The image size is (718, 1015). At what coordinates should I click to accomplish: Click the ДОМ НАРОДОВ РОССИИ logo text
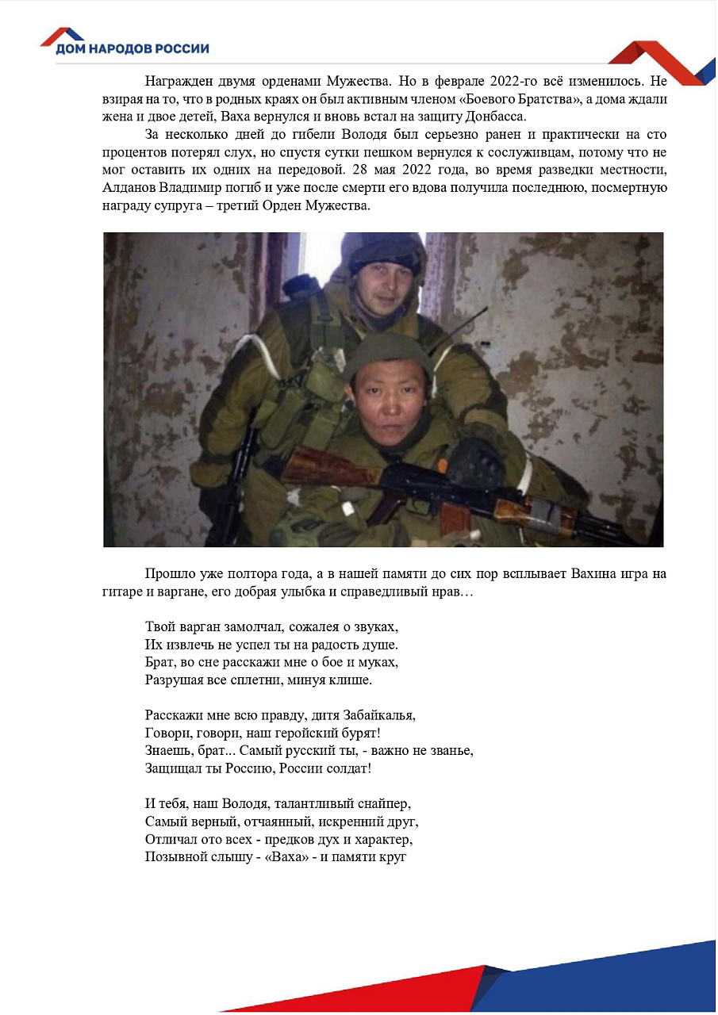point(132,49)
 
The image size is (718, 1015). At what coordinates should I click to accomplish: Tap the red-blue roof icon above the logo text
point(62,34)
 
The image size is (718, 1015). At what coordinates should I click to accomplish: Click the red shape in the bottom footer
point(381,991)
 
